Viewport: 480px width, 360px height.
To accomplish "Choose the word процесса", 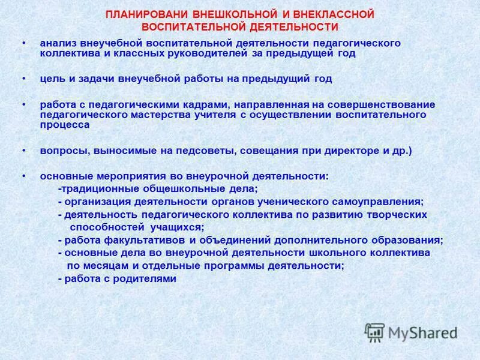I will [65, 125].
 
